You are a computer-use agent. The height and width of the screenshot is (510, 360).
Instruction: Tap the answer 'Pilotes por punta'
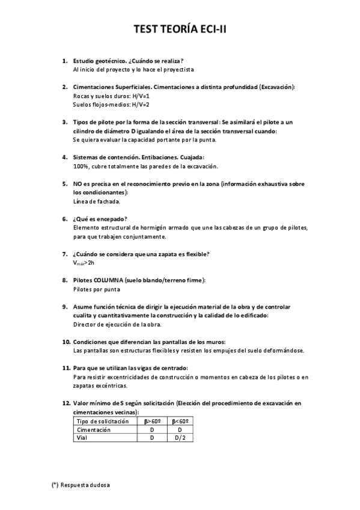(x=96, y=289)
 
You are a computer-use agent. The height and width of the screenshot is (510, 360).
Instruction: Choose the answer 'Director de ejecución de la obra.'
(x=117, y=324)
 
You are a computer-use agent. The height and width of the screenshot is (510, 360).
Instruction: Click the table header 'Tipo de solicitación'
(x=103, y=422)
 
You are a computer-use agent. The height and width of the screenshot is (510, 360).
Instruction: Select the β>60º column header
(x=153, y=422)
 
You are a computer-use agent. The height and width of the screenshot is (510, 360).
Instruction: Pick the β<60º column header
(x=180, y=422)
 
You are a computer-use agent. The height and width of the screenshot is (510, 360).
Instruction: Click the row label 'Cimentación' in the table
(x=94, y=430)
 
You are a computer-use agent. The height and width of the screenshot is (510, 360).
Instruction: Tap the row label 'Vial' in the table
(x=81, y=438)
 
